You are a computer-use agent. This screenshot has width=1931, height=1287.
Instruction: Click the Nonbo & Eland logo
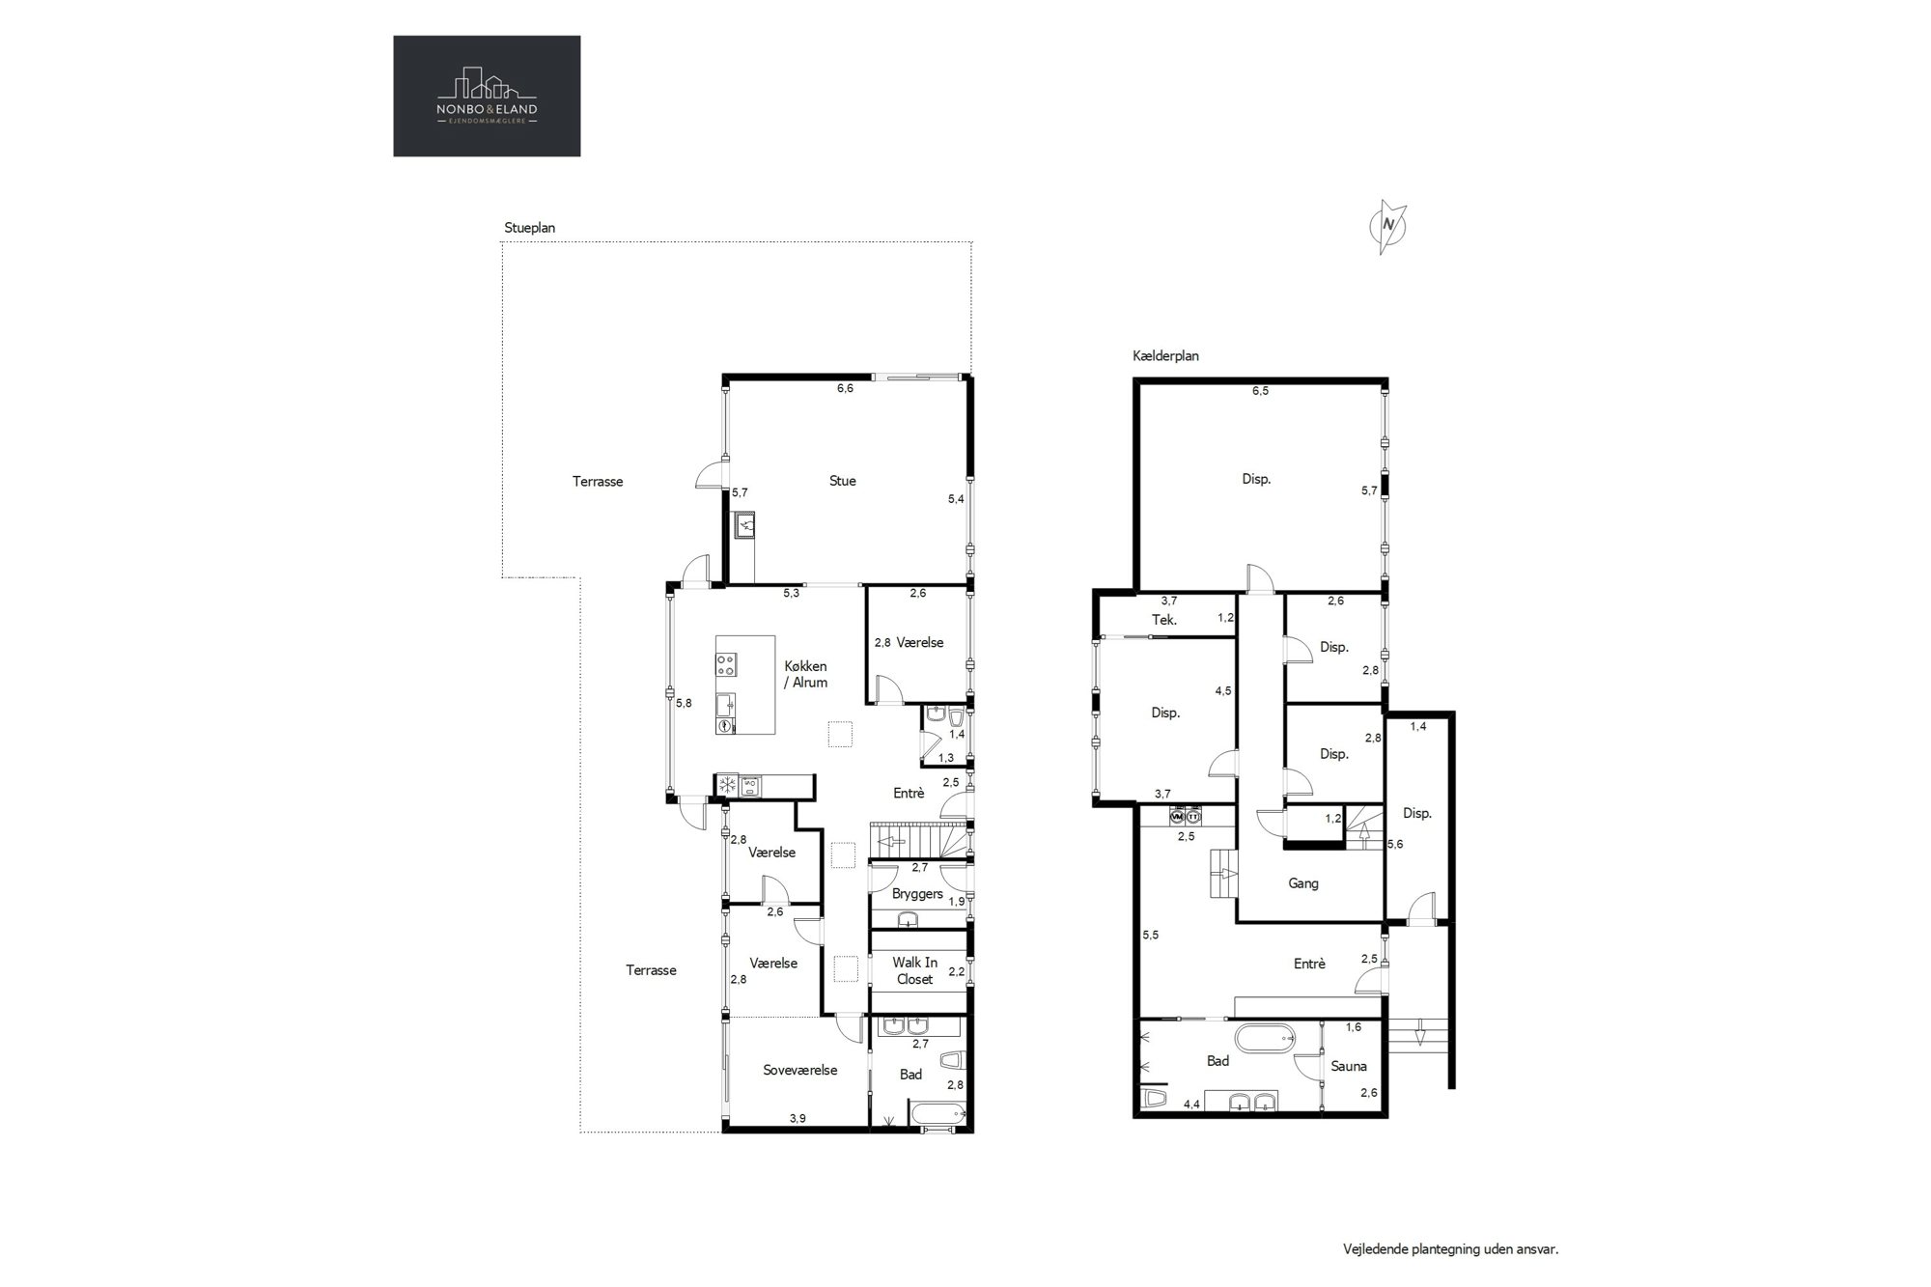point(487,96)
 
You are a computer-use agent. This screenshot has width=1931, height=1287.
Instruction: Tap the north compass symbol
point(1388,227)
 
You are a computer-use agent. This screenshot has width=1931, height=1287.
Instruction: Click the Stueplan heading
point(530,228)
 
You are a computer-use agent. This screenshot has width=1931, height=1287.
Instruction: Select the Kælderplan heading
point(1165,355)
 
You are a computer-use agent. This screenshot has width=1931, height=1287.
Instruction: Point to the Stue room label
point(842,481)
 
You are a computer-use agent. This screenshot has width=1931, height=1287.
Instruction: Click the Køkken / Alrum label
point(805,674)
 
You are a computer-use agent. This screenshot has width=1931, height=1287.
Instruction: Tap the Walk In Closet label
point(914,970)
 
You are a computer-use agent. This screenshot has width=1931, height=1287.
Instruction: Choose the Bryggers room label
point(917,894)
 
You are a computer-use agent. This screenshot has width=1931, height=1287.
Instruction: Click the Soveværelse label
point(799,1070)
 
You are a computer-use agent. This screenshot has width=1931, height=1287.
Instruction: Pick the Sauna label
point(1349,1066)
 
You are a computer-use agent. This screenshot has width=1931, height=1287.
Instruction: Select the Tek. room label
point(1164,620)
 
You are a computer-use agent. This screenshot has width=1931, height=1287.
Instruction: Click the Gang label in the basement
point(1303,883)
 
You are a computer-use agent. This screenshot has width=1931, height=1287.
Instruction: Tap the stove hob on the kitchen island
point(726,664)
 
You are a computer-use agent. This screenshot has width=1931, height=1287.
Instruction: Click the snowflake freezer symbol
point(726,786)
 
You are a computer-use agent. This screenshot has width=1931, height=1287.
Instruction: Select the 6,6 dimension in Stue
point(845,389)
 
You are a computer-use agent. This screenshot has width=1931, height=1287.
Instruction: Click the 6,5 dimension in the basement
point(1260,391)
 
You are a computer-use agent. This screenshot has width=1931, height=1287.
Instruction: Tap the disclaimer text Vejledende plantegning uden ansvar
point(1451,1249)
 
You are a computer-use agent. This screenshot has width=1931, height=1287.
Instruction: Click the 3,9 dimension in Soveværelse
point(798,1118)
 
